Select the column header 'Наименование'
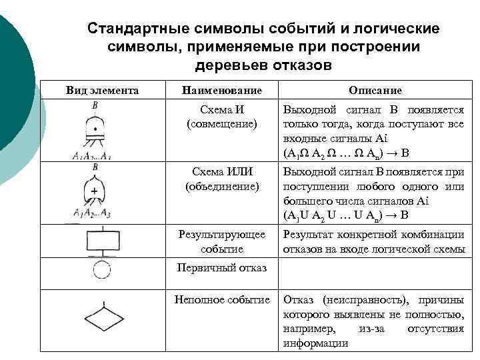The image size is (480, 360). click(x=222, y=90)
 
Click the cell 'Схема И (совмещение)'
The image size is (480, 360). click(x=222, y=117)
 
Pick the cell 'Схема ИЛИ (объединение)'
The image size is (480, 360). click(x=222, y=180)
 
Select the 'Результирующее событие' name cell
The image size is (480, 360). click(x=222, y=241)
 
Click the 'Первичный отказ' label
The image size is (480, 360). click(x=222, y=268)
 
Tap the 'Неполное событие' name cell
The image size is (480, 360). click(x=222, y=300)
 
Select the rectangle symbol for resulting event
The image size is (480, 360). click(x=101, y=241)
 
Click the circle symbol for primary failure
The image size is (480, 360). click(x=101, y=270)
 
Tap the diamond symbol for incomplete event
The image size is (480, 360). click(x=101, y=316)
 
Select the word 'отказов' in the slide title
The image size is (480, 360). click(x=298, y=66)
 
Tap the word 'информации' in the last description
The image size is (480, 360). click(x=315, y=343)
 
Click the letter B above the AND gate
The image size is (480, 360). click(x=95, y=105)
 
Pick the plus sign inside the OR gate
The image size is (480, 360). click(x=95, y=191)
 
